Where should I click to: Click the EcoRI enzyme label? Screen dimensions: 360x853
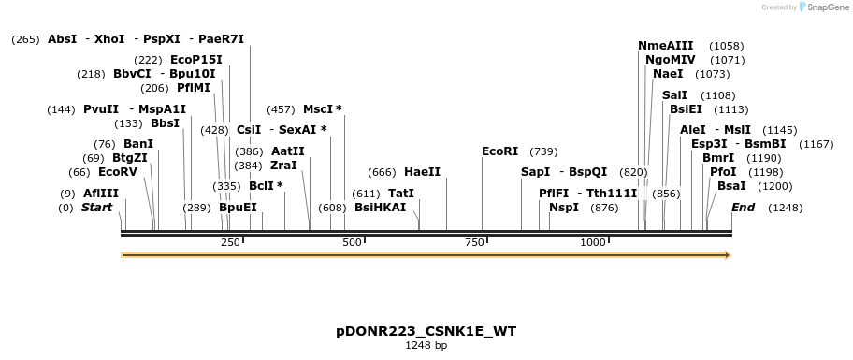499,151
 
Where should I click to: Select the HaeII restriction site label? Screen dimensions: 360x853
422,172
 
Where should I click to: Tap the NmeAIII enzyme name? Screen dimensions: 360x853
666,46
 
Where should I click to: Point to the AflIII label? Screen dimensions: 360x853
100,194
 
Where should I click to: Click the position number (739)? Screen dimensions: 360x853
543,151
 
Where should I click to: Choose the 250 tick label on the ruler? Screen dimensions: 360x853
230,243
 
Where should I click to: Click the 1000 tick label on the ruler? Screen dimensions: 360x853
594,243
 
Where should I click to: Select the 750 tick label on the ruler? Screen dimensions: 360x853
473,243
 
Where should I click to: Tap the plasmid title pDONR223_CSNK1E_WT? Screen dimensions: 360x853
426,332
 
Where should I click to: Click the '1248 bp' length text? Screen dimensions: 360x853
426,346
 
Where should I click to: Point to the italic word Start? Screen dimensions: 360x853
96,208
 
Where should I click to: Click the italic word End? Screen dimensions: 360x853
743,208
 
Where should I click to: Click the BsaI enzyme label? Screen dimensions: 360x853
731,186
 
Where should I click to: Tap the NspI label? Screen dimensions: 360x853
564,208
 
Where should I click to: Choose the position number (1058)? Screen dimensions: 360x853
726,46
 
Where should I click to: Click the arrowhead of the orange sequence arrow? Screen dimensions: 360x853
728,254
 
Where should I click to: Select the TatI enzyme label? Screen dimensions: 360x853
400,194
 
